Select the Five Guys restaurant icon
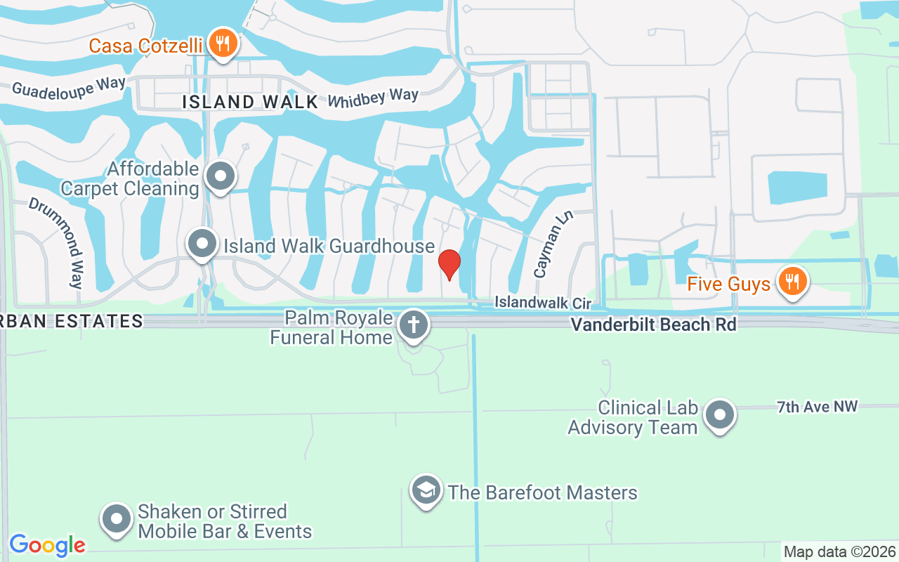point(792,282)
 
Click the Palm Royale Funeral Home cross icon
point(413,326)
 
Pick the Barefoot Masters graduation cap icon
point(426,491)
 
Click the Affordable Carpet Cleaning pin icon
point(221,177)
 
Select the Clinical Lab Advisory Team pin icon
point(719,416)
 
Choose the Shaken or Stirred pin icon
point(117,520)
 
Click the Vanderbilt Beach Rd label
point(653,325)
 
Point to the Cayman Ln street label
point(553,244)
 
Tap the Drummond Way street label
point(56,242)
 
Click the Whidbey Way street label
point(373,97)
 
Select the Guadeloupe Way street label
point(69,86)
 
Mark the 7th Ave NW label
point(817,407)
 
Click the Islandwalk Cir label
point(543,303)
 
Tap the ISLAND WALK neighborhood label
point(250,102)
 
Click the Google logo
point(48,545)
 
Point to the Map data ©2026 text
point(840,551)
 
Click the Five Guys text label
point(728,285)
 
